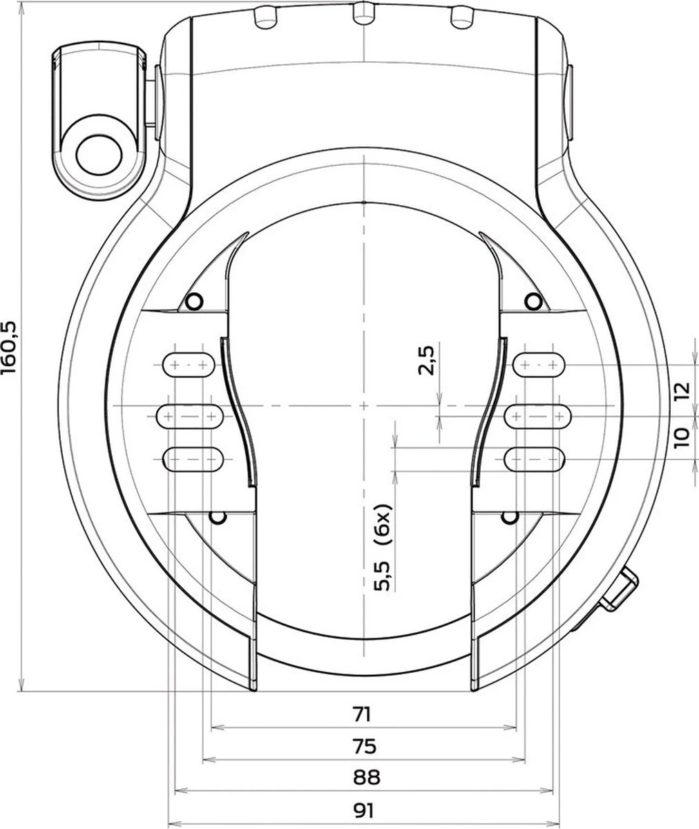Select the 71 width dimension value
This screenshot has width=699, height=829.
point(363,714)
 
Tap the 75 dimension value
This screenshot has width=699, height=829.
point(363,746)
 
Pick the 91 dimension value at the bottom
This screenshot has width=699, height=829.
point(363,809)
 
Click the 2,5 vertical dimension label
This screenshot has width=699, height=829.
point(427,360)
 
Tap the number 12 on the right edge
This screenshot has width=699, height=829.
point(683,390)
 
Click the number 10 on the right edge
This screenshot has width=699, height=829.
point(683,437)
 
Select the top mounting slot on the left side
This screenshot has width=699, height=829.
point(187,363)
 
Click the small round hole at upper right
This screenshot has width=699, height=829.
point(533,301)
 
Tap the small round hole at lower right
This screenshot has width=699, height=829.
point(510,517)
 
